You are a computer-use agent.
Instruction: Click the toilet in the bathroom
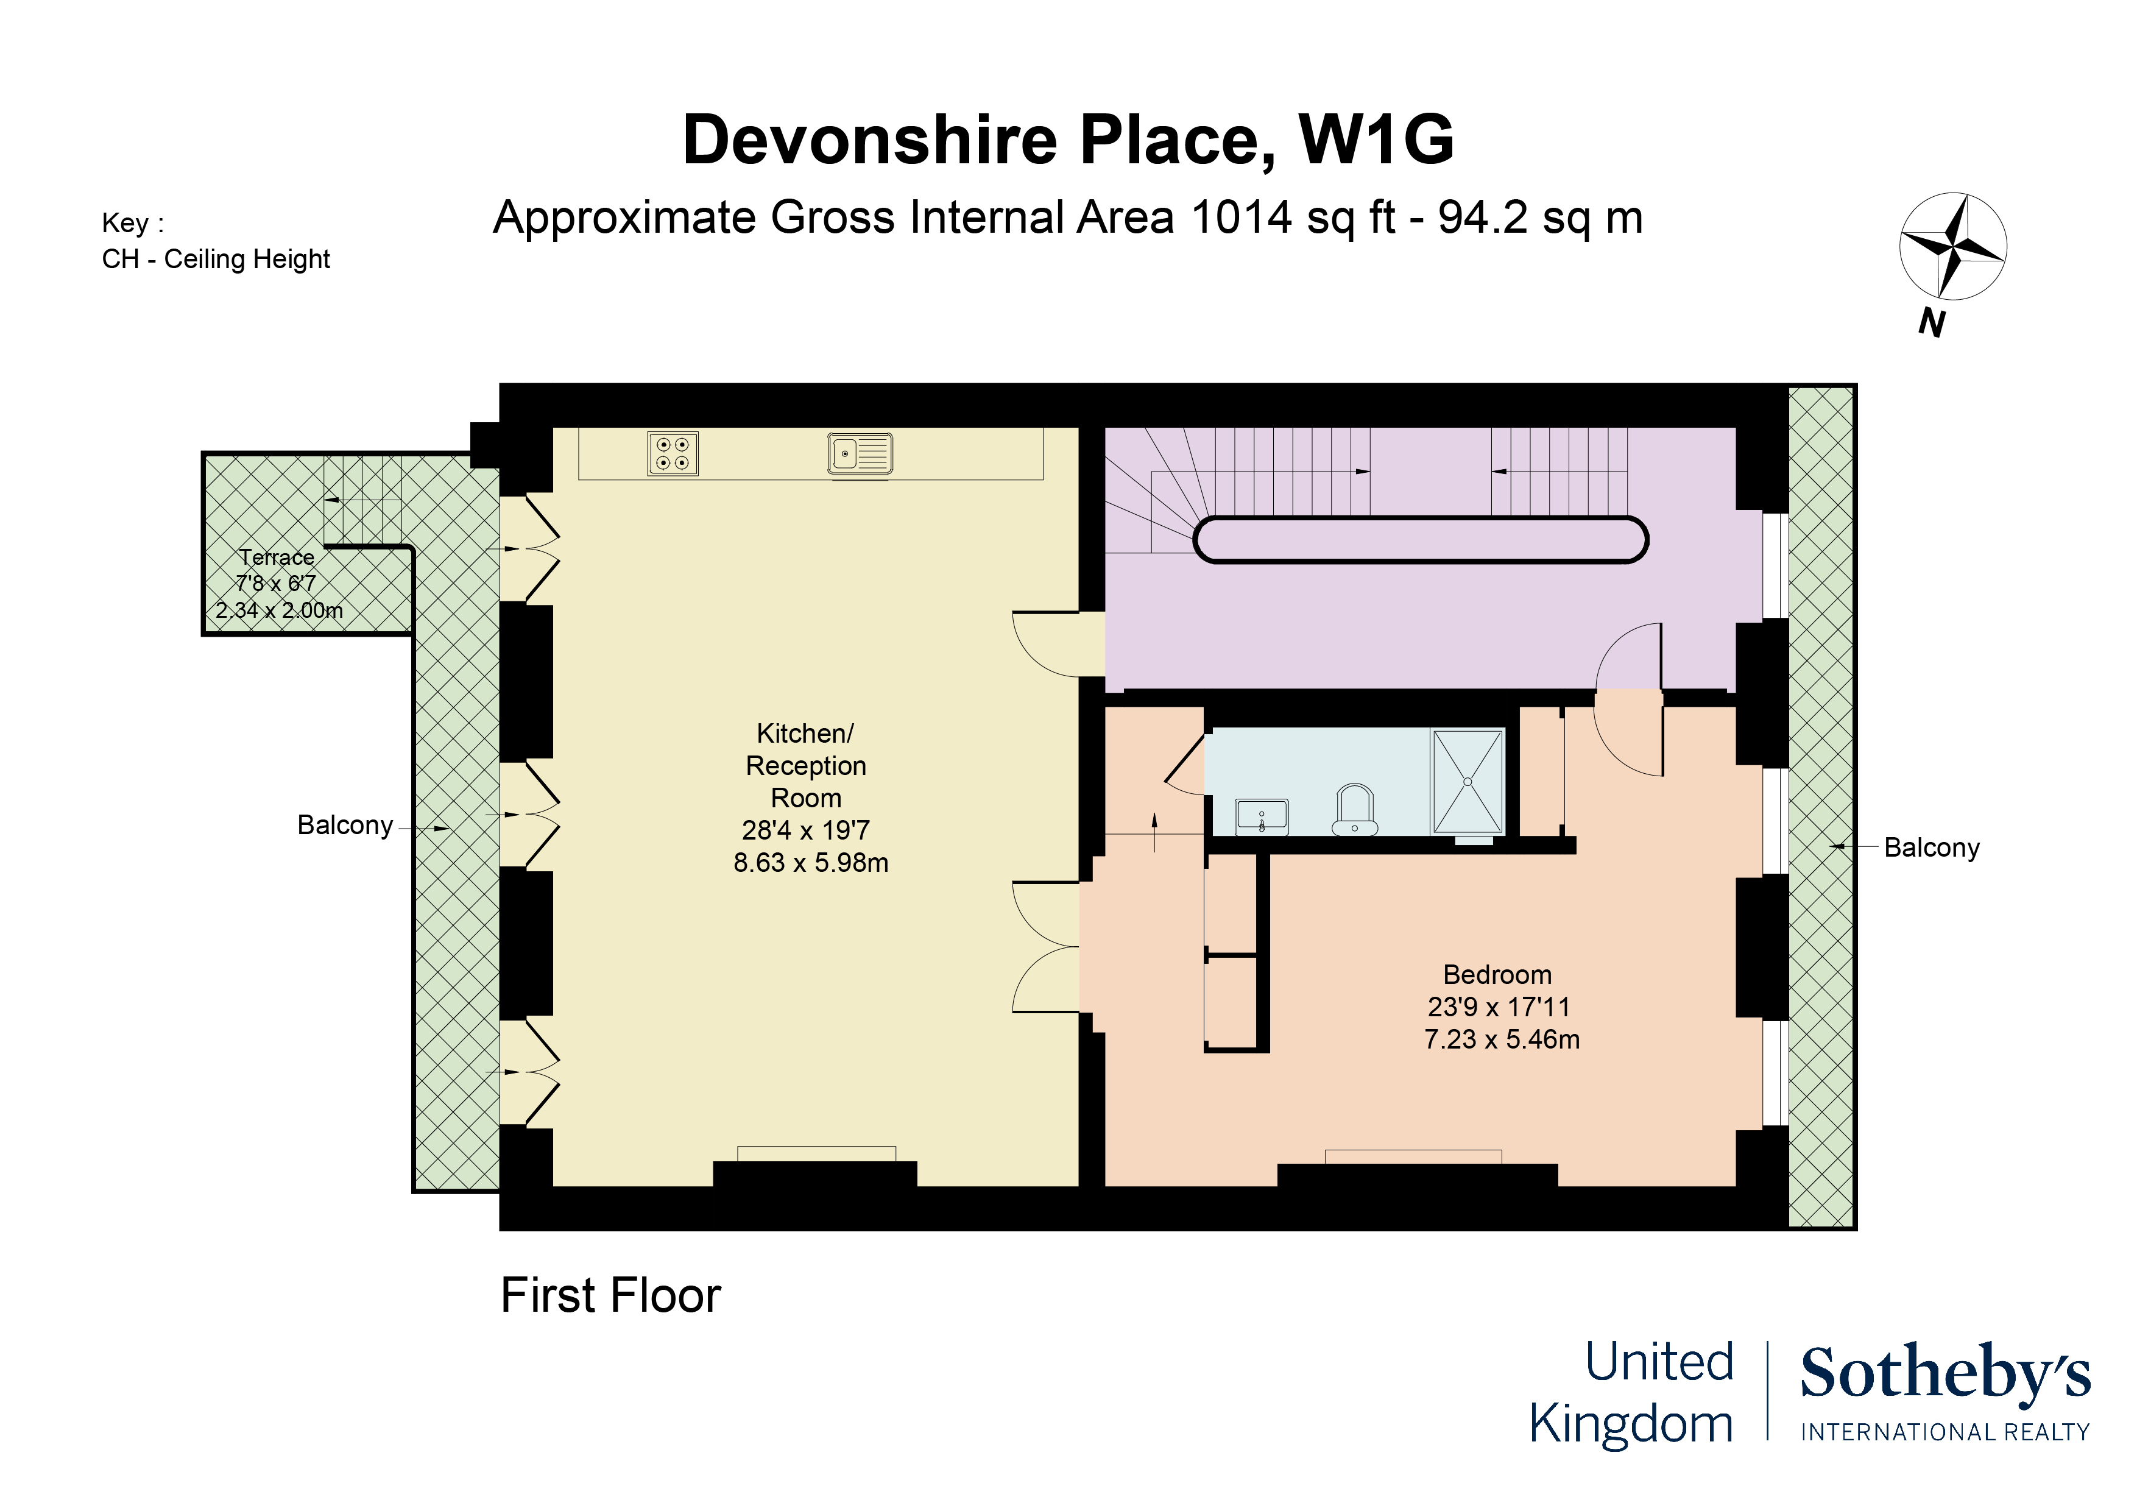point(1354,810)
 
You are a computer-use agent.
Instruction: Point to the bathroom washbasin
point(1262,816)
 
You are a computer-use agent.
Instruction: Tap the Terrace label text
point(277,557)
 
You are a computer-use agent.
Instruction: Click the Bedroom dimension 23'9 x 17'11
point(1499,1007)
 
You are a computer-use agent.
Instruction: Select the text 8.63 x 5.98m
point(811,863)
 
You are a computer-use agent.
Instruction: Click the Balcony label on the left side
point(344,826)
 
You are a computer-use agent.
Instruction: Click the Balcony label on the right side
point(1931,848)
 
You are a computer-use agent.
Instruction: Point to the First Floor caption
point(610,1295)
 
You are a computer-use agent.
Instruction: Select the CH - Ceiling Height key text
point(216,259)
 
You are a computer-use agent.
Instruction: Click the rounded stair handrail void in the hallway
point(1421,540)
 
